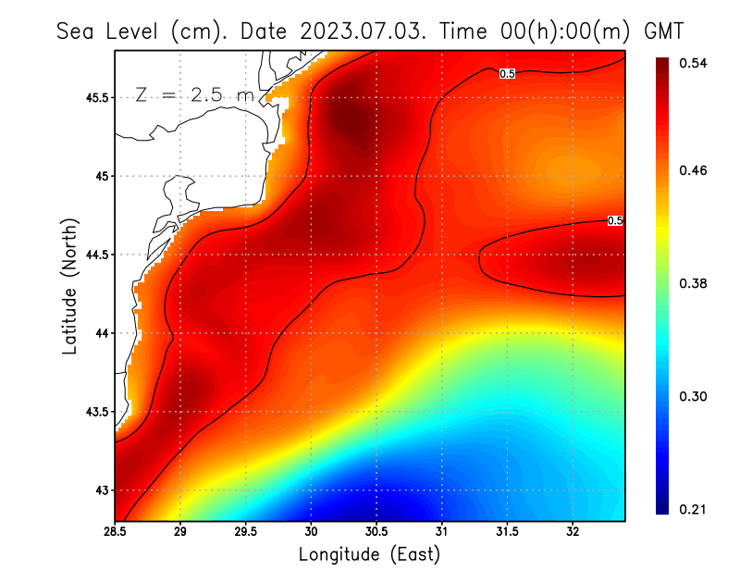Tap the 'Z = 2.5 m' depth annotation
coord(193,94)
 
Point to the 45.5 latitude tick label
coord(94,97)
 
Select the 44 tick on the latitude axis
coord(100,333)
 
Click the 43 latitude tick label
coord(100,491)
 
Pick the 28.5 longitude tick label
coord(116,531)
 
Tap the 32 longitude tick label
coord(573,531)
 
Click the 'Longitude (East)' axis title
coord(369,554)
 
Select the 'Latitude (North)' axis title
coord(68,287)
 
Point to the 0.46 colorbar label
coord(694,170)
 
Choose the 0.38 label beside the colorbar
coord(694,283)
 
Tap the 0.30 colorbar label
coord(694,396)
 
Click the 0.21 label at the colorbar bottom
coord(694,509)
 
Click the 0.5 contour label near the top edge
coord(507,73)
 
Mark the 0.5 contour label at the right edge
coord(615,220)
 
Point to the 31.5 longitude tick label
coord(507,531)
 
